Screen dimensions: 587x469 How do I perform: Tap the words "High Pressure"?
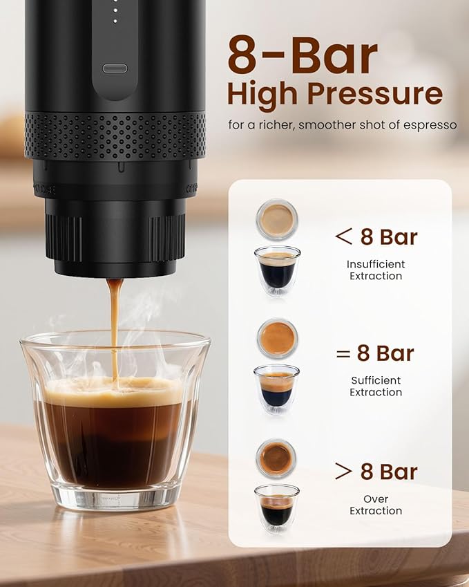click(x=334, y=94)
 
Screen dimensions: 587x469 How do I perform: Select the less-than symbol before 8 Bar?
click(x=343, y=236)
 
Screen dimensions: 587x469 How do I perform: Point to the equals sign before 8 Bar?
click(x=343, y=354)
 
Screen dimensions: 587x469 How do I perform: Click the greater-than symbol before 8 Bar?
click(x=343, y=472)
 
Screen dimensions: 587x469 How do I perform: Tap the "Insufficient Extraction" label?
click(x=376, y=270)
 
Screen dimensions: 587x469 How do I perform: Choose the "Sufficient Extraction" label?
click(x=376, y=386)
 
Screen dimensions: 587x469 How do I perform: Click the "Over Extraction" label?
click(x=376, y=505)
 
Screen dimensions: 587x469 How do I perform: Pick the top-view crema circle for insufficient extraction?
click(x=277, y=219)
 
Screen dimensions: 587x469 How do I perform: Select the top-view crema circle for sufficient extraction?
click(x=277, y=338)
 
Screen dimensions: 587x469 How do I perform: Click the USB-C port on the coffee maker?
click(x=115, y=68)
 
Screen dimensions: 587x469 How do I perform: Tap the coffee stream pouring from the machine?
click(x=115, y=325)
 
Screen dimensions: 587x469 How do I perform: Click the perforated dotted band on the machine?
click(x=115, y=136)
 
